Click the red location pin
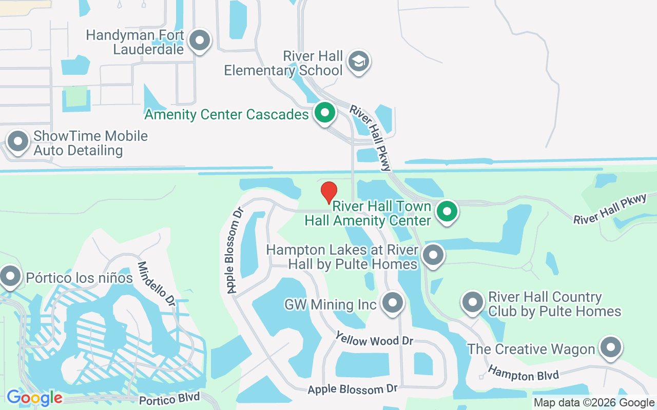click(329, 193)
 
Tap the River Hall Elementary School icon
click(359, 61)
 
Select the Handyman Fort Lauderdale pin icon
click(200, 40)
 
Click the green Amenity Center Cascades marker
click(324, 112)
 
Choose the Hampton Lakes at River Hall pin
click(433, 254)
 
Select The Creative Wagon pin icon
click(610, 347)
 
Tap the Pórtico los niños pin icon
click(10, 276)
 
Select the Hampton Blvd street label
click(523, 373)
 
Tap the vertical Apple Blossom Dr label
click(235, 250)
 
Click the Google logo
click(34, 398)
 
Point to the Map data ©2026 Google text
click(594, 403)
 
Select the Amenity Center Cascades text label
click(226, 114)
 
